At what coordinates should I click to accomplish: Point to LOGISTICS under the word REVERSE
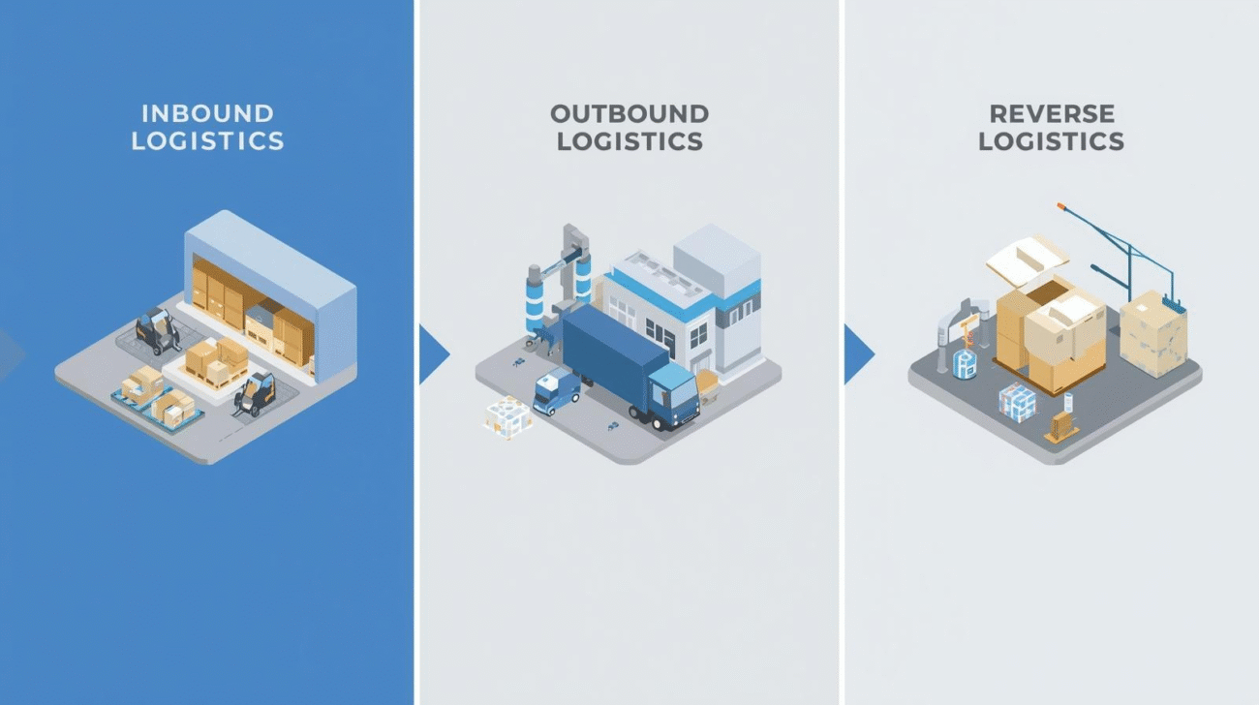click(1051, 141)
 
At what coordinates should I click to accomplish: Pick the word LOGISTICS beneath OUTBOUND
click(629, 141)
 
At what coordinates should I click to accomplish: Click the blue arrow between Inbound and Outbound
click(432, 352)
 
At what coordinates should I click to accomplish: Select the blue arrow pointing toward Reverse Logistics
click(857, 352)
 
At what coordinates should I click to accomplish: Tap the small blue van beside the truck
click(556, 389)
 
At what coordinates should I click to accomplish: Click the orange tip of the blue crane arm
click(1061, 206)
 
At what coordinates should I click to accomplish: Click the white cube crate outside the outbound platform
click(507, 417)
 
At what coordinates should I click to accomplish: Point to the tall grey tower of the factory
click(718, 261)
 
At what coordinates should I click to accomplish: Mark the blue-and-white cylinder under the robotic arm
click(965, 363)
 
